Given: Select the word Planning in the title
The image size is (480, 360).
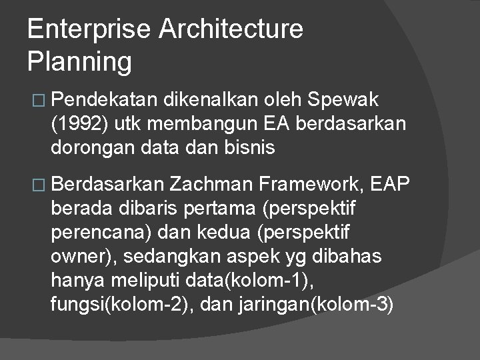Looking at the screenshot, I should [x=80, y=61].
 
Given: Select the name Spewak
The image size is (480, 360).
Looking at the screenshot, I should [x=345, y=100].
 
